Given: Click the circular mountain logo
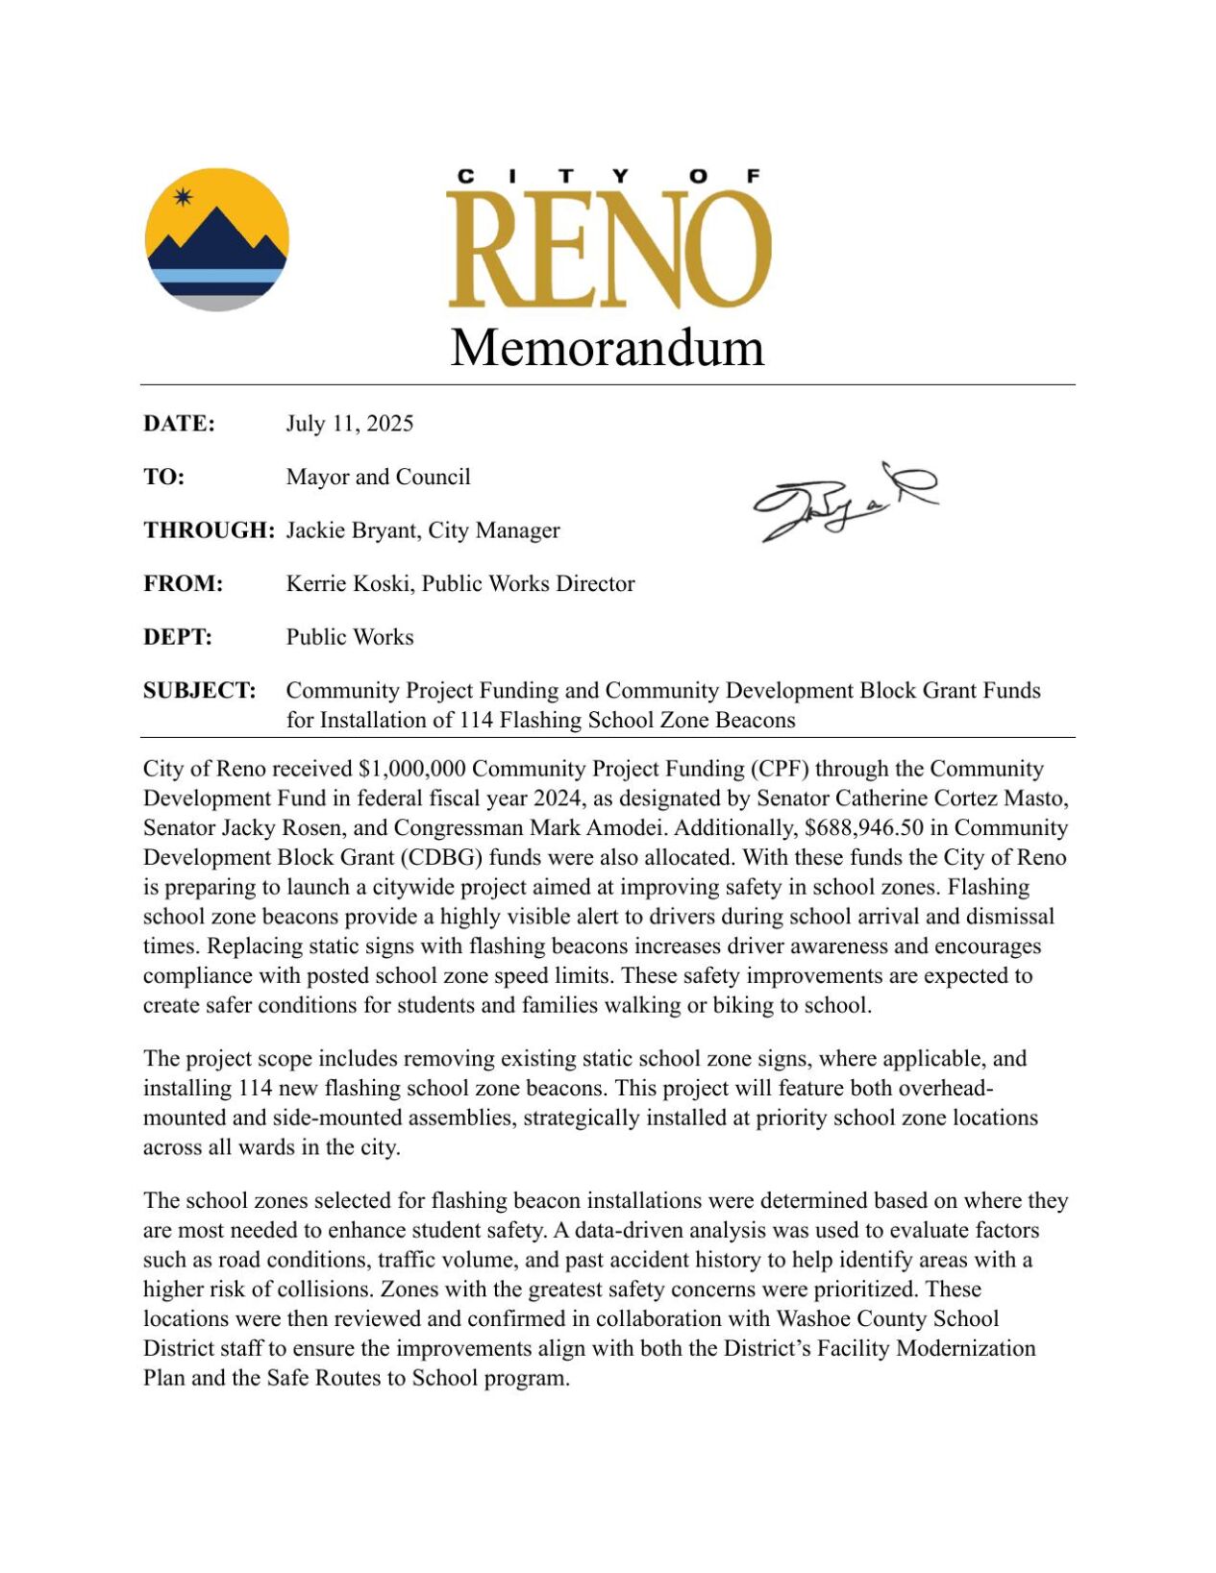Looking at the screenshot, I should pos(216,239).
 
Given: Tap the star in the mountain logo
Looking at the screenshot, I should pos(183,198).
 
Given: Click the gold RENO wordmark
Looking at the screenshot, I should pos(608,248).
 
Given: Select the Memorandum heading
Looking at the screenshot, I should pos(608,347).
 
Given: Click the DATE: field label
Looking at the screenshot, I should pos(179,424).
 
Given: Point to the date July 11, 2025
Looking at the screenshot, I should pos(349,424).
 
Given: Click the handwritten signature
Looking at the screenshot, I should pos(844,501).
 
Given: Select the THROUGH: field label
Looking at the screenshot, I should pos(209,530).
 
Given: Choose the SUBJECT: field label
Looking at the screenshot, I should pos(199,691).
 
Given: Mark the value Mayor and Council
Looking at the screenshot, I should pos(378,478).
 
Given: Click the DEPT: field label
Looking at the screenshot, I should pos(178,638).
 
